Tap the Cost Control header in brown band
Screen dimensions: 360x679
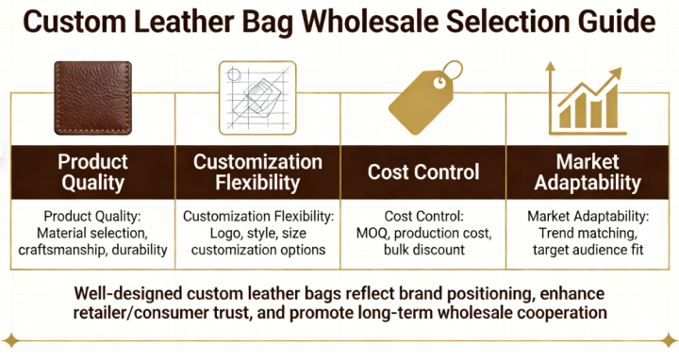[422, 172]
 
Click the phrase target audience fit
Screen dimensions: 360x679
[587, 250]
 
